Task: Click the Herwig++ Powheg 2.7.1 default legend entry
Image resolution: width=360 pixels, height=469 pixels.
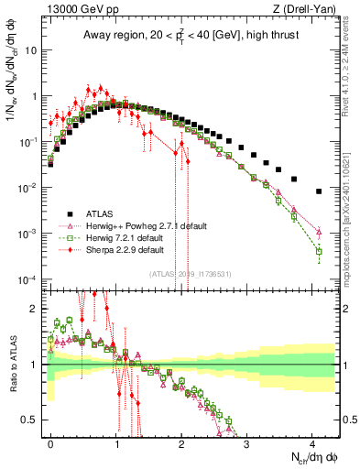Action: click(x=137, y=225)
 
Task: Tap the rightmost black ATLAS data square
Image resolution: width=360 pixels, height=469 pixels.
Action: click(x=318, y=191)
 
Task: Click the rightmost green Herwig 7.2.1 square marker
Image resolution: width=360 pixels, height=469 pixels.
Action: click(x=318, y=251)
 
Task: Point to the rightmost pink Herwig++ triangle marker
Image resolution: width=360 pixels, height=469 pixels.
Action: click(x=318, y=231)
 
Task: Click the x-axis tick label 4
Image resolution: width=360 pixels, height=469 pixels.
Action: click(x=312, y=442)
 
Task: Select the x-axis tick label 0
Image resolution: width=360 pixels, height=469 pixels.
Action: click(x=50, y=442)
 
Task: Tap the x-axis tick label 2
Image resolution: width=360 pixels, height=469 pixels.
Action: click(x=181, y=442)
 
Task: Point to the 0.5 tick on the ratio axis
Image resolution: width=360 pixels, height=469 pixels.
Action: click(x=35, y=420)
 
